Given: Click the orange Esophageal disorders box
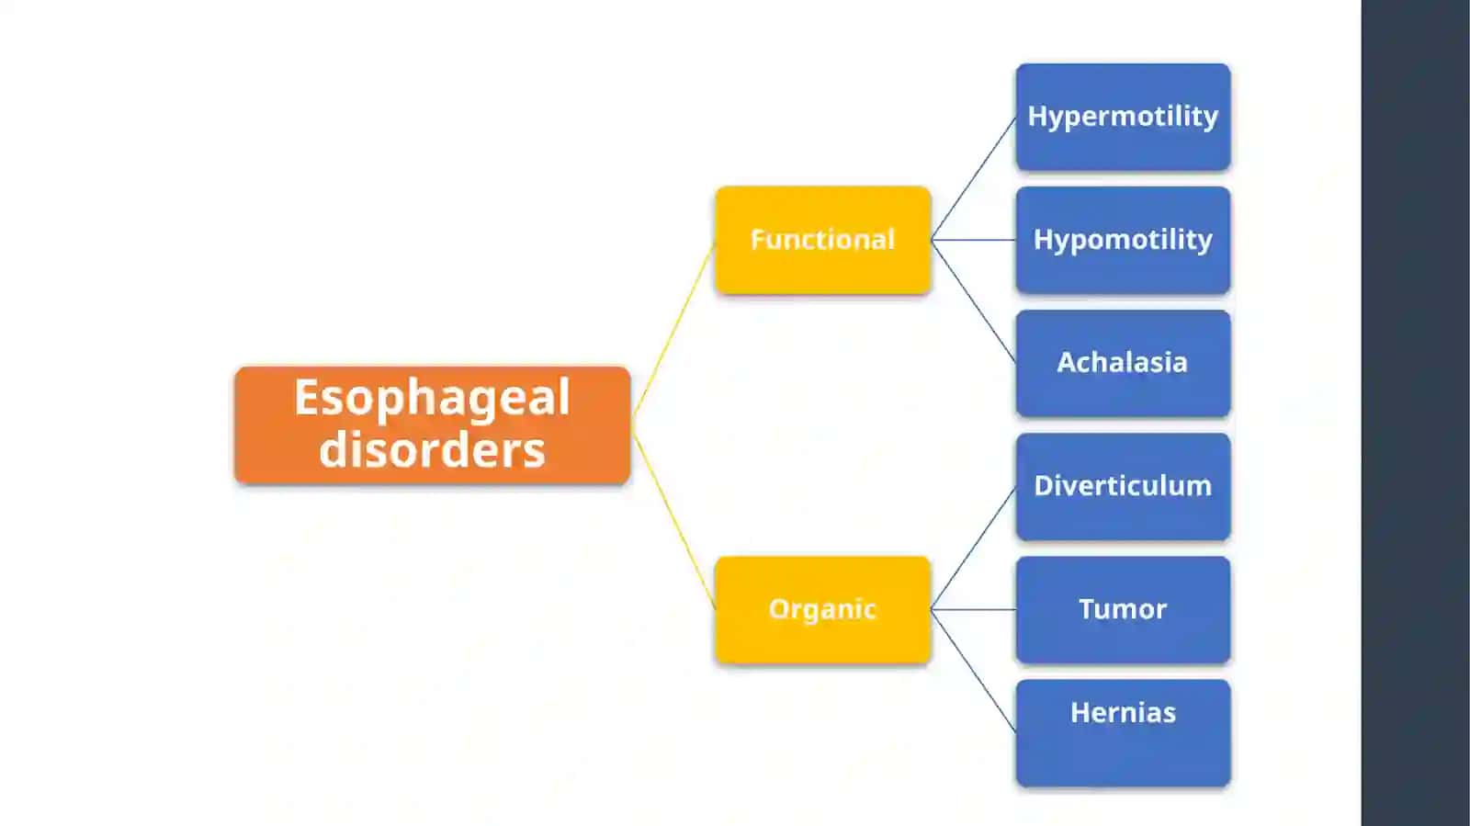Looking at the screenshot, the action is [433, 425].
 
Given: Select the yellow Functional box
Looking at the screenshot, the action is [823, 240].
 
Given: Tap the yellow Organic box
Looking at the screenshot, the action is [823, 610].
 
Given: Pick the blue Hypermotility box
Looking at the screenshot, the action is [1123, 117].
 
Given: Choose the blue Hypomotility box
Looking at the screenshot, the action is [1123, 240].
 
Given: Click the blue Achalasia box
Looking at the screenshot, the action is [1123, 364].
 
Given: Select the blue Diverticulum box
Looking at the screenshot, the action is [1123, 487].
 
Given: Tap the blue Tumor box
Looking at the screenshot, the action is [1123, 610].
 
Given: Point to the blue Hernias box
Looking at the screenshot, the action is [1123, 733].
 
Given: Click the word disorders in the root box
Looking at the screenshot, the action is [432, 450].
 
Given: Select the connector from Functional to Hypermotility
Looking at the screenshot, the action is [974, 178].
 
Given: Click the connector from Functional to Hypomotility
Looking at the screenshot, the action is [974, 240].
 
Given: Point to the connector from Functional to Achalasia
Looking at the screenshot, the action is [974, 301].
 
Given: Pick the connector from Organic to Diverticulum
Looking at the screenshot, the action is [974, 549].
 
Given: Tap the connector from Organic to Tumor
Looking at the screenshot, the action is [974, 610].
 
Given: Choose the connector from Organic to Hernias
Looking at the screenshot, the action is [974, 671].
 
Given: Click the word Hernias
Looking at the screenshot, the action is [1123, 712].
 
